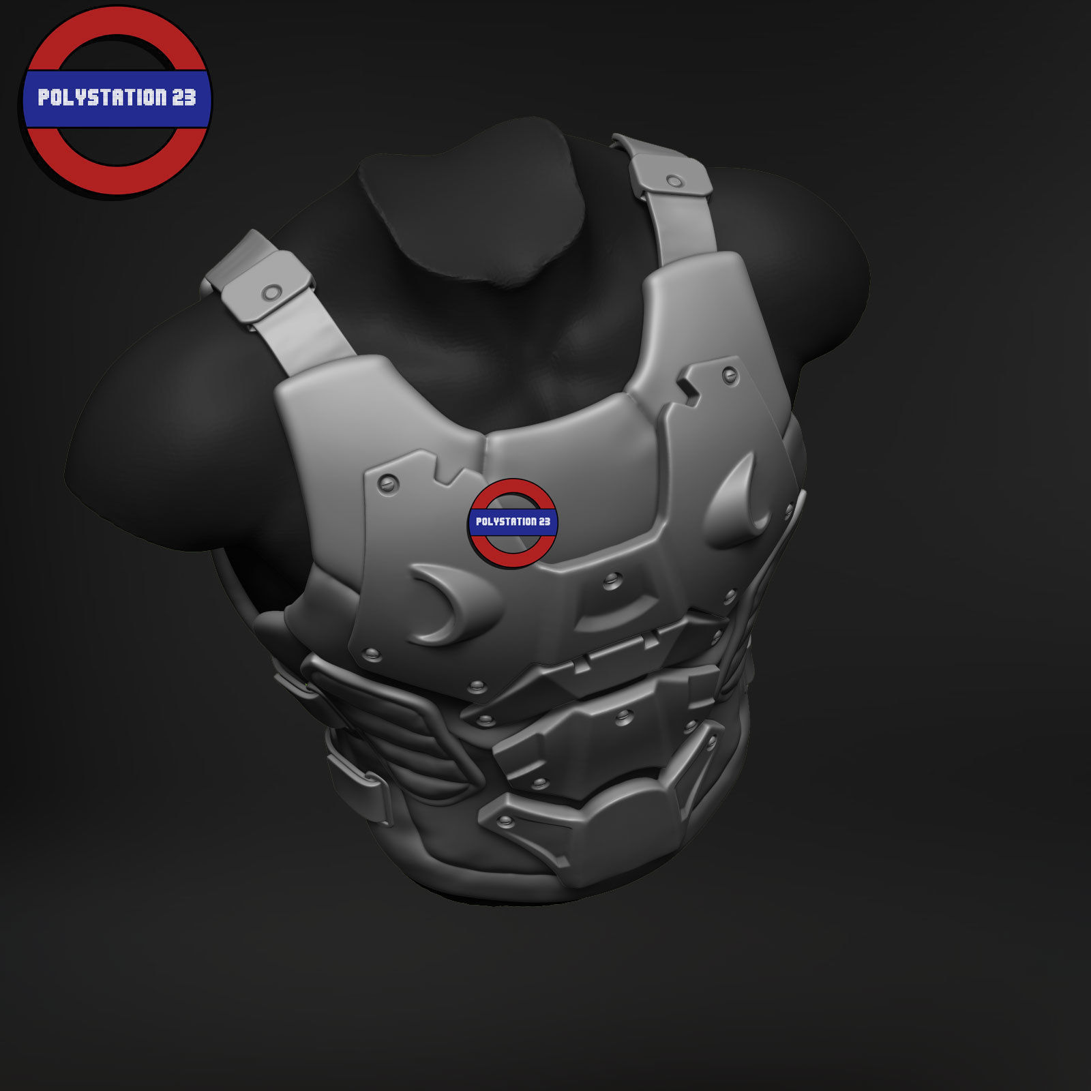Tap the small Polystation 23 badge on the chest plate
(x=513, y=522)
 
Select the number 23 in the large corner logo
(x=183, y=98)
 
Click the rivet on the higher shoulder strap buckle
(x=674, y=181)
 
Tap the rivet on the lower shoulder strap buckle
(x=271, y=293)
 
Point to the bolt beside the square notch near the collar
(x=730, y=374)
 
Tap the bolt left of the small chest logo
(x=387, y=483)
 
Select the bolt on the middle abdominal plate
(x=623, y=715)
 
